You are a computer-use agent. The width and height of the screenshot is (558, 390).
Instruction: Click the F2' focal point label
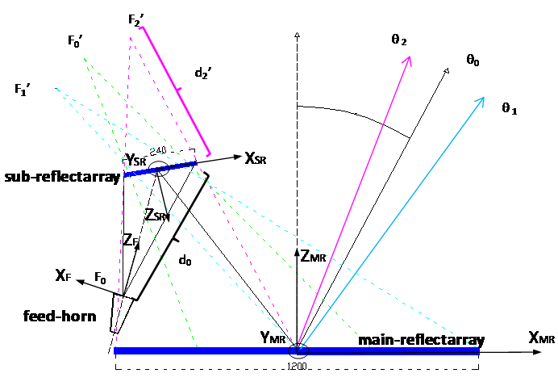pos(135,19)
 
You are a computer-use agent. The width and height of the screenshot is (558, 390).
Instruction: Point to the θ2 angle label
pos(399,40)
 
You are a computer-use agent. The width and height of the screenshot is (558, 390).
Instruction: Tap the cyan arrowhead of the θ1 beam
pos(481,101)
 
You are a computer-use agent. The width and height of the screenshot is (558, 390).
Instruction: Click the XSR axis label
pos(255,159)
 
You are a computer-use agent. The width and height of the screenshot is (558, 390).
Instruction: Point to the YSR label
pos(135,161)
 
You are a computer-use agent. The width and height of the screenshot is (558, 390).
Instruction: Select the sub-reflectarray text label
pos(60,177)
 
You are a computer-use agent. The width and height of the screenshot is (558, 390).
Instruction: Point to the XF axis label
pos(64,276)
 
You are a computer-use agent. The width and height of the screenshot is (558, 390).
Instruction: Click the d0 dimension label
pos(185,261)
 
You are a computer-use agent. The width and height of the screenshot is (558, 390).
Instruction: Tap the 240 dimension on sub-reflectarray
pos(159,151)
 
